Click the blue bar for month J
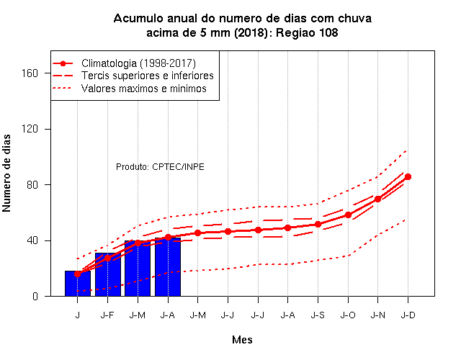pyautogui.click(x=78, y=283)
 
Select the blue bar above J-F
pyautogui.click(x=108, y=274)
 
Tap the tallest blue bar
pyautogui.click(x=168, y=267)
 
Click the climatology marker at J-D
pyautogui.click(x=408, y=176)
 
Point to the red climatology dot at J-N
pyautogui.click(x=377, y=199)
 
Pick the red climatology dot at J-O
pyautogui.click(x=348, y=215)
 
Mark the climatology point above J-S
pyautogui.click(x=318, y=224)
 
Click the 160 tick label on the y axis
pyautogui.click(x=30, y=73)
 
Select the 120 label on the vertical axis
pyautogui.click(x=30, y=129)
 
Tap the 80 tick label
pyautogui.click(x=32, y=185)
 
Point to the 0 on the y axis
pyautogui.click(x=35, y=296)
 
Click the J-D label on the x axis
pyautogui.click(x=408, y=315)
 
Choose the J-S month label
pyautogui.click(x=318, y=315)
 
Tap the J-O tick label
pyautogui.click(x=348, y=315)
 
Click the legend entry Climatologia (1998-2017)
pyautogui.click(x=138, y=63)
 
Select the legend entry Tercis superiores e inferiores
pyautogui.click(x=148, y=76)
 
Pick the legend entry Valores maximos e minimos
pyautogui.click(x=144, y=89)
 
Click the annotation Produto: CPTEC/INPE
pyautogui.click(x=160, y=167)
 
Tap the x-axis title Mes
pyautogui.click(x=242, y=340)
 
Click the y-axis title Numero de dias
pyautogui.click(x=6, y=173)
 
